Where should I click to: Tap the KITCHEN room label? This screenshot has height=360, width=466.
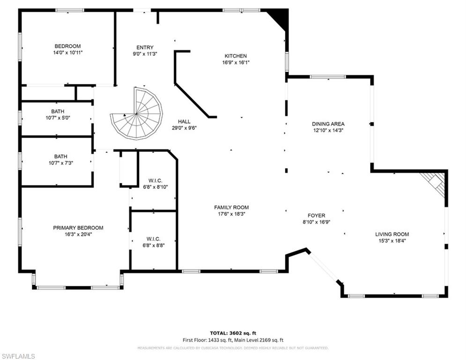pos(235,56)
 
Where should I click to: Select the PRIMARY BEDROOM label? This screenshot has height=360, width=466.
pos(78,228)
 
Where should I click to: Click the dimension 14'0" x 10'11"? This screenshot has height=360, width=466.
pos(67,52)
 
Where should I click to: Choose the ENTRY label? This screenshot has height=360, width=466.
pos(145,47)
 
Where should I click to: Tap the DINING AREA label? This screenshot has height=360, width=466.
pos(328,124)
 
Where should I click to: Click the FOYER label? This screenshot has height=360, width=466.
pos(317,216)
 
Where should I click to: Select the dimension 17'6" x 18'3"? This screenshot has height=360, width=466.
pos(231,214)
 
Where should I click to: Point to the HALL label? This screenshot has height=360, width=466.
pos(184,121)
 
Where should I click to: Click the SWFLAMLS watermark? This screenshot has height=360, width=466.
pos(18,356)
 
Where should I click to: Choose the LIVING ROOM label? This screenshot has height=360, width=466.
pos(392,234)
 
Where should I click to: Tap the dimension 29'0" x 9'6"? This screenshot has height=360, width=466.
pos(184,127)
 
